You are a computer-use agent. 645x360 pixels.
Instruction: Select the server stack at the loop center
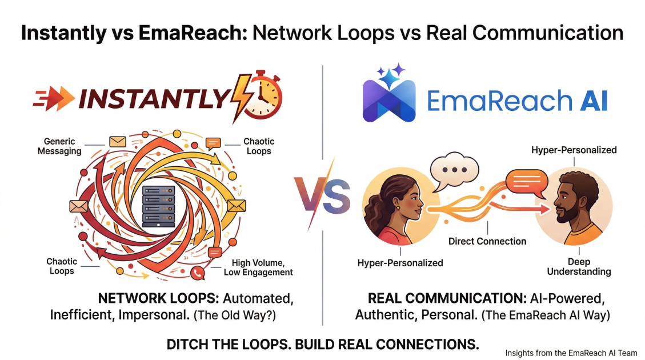point(158,205)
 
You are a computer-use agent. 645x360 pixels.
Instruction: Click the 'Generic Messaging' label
point(59,146)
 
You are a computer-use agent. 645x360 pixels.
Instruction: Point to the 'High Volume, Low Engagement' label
point(262,267)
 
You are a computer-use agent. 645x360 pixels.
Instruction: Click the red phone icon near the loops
point(198,273)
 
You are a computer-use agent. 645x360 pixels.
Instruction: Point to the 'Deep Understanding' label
point(579,266)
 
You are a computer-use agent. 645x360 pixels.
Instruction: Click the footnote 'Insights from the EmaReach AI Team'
point(571,353)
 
